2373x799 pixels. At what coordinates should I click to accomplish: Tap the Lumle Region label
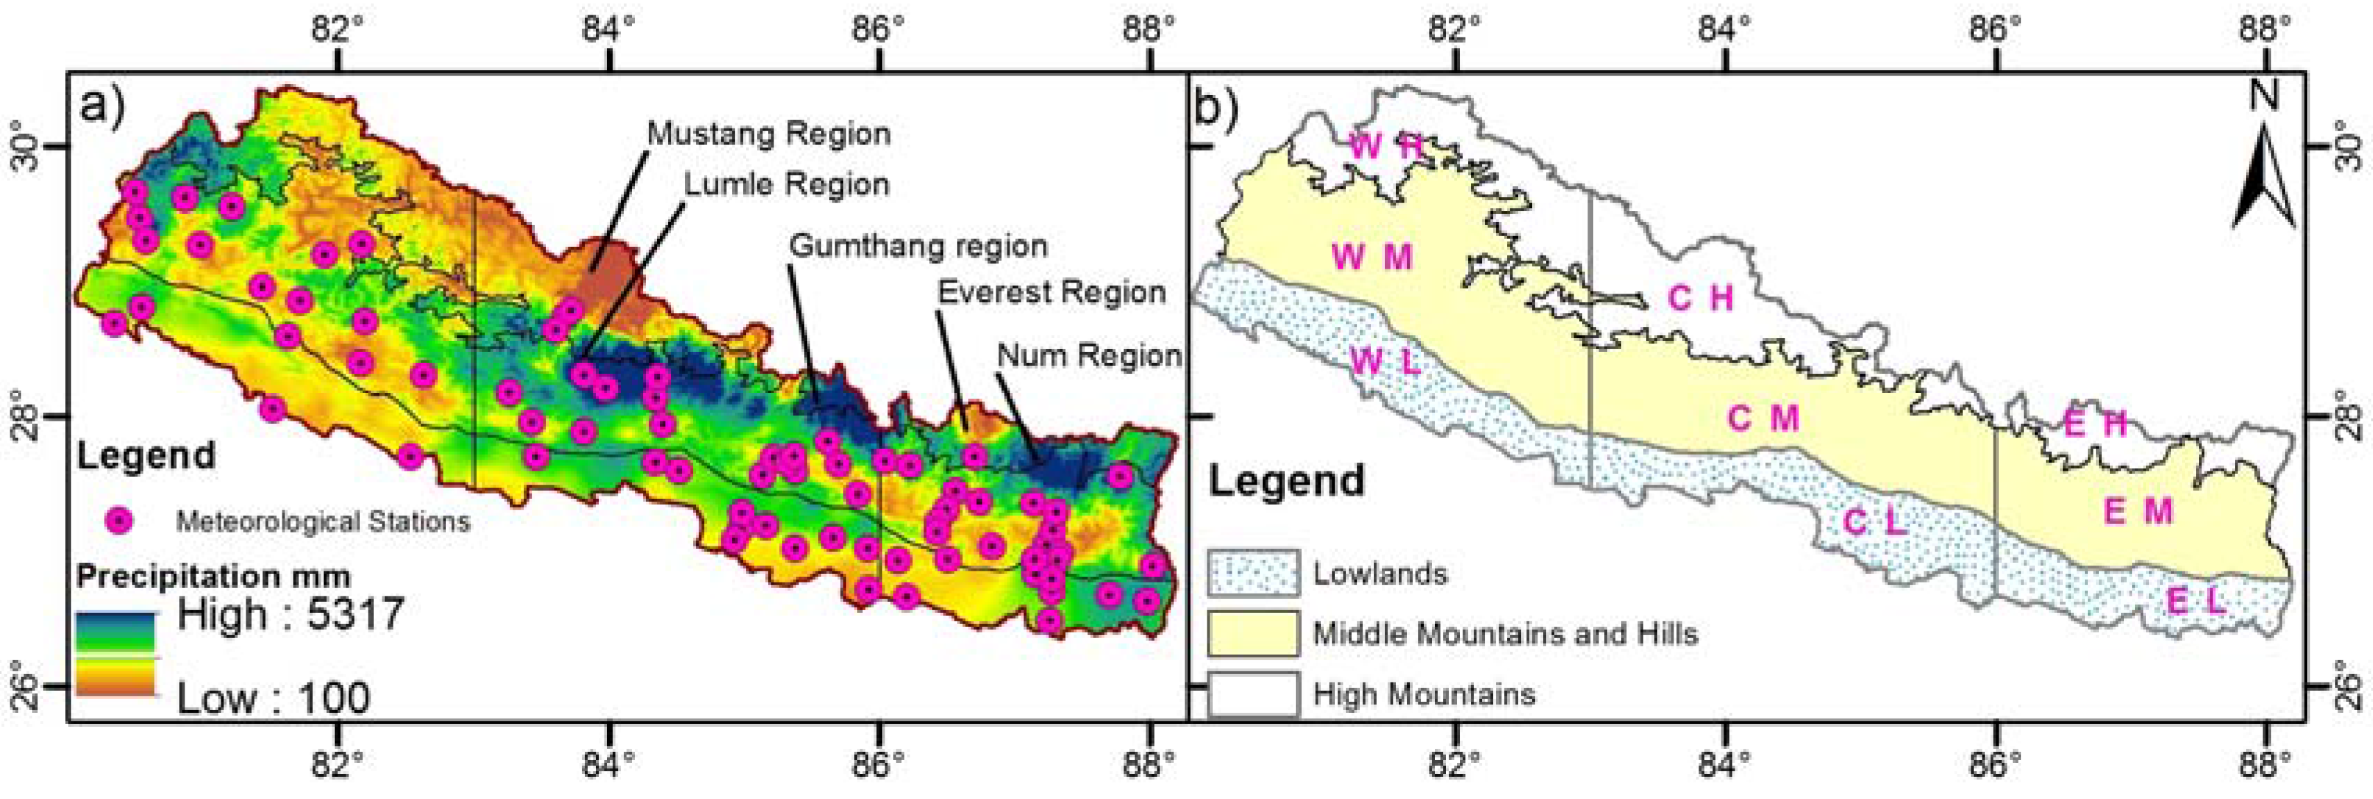[x=785, y=185]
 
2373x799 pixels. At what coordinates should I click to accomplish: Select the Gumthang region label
[x=919, y=246]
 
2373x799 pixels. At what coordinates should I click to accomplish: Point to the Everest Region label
[x=1052, y=293]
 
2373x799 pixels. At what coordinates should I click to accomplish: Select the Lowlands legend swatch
[x=1253, y=573]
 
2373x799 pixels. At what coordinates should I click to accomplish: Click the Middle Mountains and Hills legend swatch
[x=1253, y=633]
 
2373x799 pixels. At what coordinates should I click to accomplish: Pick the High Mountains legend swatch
[x=1253, y=693]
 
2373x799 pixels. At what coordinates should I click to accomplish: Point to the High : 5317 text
[x=290, y=614]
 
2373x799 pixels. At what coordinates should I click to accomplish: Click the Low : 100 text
[x=273, y=698]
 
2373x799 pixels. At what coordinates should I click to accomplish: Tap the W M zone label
[x=1372, y=257]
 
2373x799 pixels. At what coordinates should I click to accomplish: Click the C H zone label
[x=1701, y=298]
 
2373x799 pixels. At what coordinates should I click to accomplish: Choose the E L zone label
[x=2195, y=602]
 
